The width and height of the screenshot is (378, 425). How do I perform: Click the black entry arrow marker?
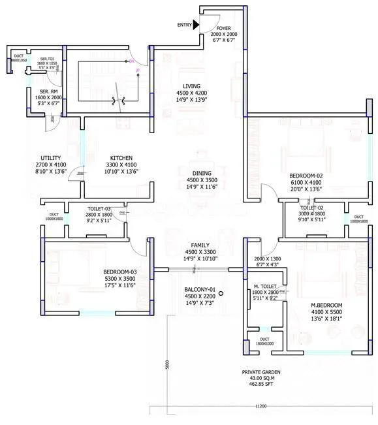click(x=197, y=24)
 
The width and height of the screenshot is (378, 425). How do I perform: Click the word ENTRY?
click(x=185, y=25)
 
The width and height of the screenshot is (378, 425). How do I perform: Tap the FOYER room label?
click(x=224, y=29)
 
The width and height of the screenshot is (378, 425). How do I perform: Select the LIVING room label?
click(x=192, y=86)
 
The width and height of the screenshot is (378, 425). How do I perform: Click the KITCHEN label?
click(x=121, y=159)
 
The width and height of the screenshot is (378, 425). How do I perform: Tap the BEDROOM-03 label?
click(x=120, y=272)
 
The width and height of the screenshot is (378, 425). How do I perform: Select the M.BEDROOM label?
click(x=327, y=305)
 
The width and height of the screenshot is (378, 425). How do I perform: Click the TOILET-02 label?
click(x=311, y=208)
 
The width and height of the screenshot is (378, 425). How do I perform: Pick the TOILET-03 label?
click(x=100, y=210)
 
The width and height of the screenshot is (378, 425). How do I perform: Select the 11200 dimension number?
click(x=262, y=405)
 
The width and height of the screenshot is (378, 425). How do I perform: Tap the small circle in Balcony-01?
click(x=221, y=294)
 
